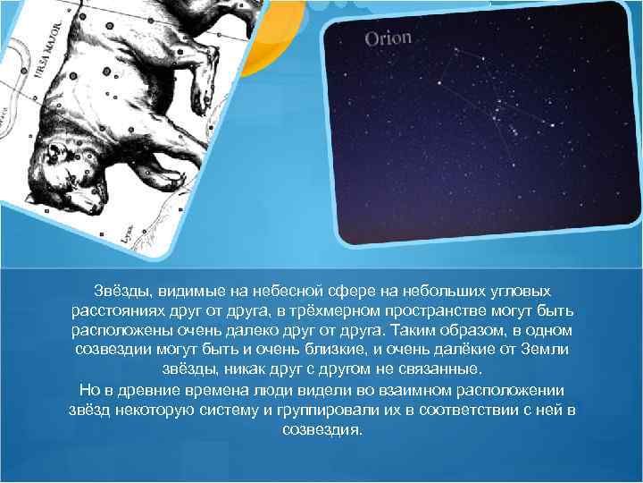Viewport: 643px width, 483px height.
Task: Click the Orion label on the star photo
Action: coord(388,38)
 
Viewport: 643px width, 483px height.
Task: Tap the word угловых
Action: coord(519,292)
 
